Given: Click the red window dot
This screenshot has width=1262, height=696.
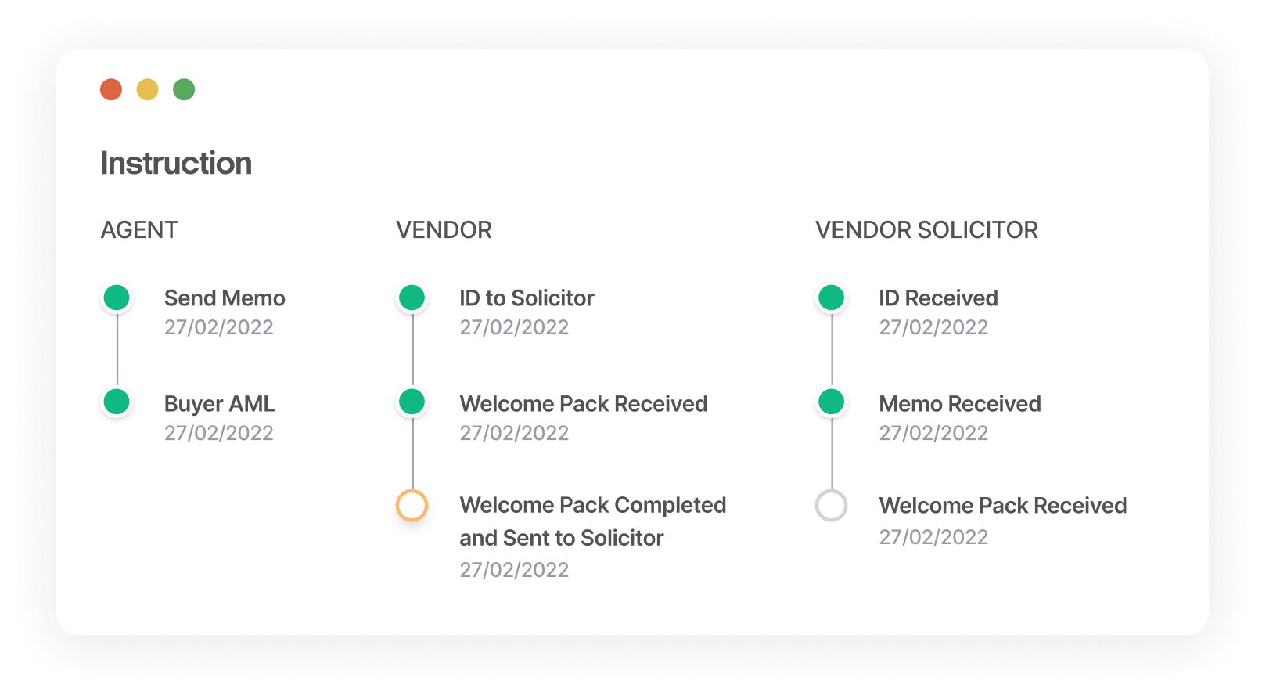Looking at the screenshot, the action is [111, 89].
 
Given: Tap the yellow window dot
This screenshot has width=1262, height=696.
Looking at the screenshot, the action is [148, 89].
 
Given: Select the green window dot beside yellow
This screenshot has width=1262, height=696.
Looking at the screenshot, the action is [184, 89].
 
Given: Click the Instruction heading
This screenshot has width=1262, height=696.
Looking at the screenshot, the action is [176, 164].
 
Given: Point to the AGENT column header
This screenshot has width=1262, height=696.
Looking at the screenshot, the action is [139, 230].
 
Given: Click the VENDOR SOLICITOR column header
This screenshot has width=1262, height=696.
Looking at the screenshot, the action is [926, 230].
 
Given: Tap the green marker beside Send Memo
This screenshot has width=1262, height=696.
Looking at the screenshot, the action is [117, 298].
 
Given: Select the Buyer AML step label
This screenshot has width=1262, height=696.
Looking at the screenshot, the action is [219, 403].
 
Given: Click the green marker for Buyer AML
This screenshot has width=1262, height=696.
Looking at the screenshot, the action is [117, 402].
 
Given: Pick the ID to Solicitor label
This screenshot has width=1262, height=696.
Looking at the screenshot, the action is [527, 298].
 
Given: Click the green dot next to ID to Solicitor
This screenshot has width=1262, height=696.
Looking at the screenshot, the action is [412, 298].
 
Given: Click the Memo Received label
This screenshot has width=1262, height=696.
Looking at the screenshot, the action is [960, 403].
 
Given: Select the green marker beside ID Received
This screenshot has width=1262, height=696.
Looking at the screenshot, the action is [832, 298].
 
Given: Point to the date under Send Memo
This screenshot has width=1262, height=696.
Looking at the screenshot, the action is [218, 327].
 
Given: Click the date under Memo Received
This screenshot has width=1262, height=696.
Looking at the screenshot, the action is [933, 434].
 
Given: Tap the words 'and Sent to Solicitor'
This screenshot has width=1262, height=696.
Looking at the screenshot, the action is [562, 538].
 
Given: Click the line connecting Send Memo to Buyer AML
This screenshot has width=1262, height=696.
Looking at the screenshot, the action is [117, 350].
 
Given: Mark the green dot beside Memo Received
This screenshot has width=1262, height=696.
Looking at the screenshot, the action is [832, 402].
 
